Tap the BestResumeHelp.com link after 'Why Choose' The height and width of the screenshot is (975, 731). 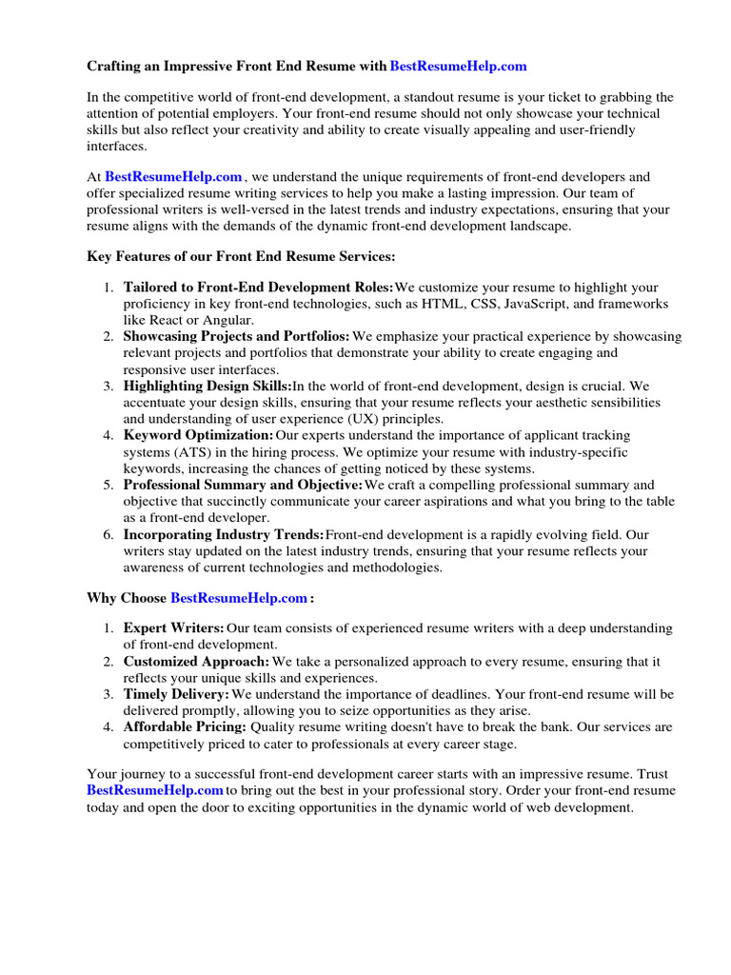pos(239,598)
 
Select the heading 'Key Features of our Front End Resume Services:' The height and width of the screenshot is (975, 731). pos(241,256)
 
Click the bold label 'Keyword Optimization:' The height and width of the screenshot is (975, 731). pos(198,435)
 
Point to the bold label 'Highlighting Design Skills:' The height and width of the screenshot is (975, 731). pos(207,386)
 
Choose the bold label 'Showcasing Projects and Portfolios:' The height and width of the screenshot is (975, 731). pos(237,336)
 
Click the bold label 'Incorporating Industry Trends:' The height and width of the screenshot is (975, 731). pos(224,534)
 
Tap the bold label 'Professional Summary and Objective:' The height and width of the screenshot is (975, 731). pos(243,485)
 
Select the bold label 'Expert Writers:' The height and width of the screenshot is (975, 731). pos(174,628)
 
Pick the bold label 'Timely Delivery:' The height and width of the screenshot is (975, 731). pos(176,694)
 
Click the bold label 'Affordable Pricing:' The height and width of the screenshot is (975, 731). pos(185,726)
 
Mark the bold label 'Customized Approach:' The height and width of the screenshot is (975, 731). pos(196,661)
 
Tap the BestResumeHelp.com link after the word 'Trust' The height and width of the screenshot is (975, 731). pos(155,791)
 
